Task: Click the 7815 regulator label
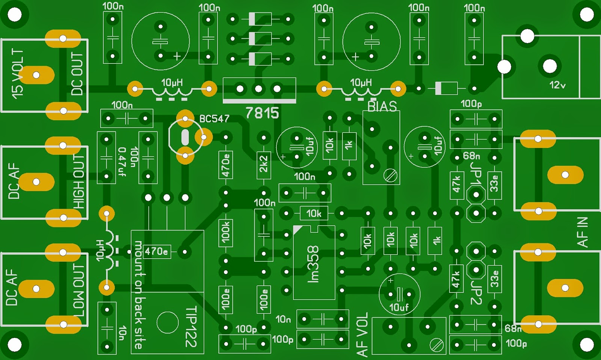click(x=262, y=113)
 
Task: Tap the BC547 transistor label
click(x=214, y=119)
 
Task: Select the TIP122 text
click(x=191, y=327)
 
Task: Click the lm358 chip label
click(x=313, y=264)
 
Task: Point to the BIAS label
click(x=382, y=107)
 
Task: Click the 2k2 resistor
click(x=264, y=164)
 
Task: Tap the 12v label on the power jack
click(x=557, y=85)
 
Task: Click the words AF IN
click(x=583, y=232)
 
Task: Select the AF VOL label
click(x=362, y=334)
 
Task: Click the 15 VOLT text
click(x=18, y=74)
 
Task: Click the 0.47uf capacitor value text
click(x=122, y=162)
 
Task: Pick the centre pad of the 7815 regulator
click(x=258, y=89)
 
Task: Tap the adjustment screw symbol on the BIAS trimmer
click(x=391, y=175)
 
